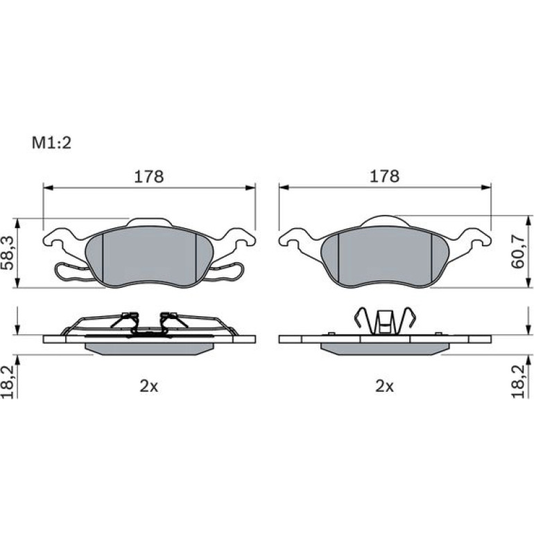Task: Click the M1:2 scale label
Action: [x=51, y=143]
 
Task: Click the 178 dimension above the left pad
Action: [x=149, y=177]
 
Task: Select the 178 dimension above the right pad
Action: [x=384, y=176]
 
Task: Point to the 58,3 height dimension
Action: [x=8, y=253]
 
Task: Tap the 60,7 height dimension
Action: [x=518, y=251]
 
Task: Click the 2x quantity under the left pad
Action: [x=149, y=386]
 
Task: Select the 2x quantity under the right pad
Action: [x=384, y=386]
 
